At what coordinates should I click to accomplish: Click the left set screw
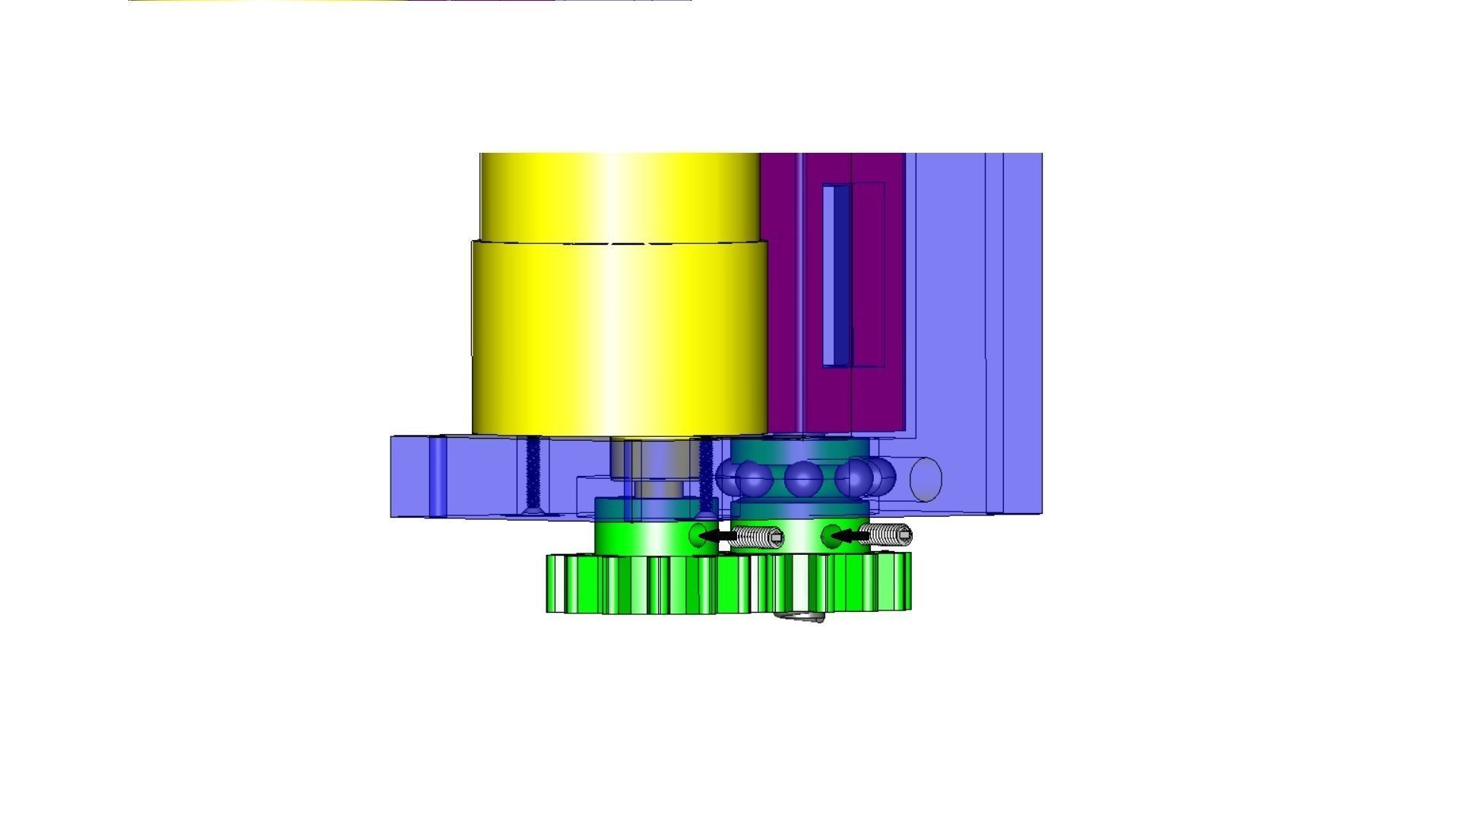pyautogui.click(x=757, y=537)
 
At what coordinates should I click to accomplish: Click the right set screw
pyautogui.click(x=886, y=535)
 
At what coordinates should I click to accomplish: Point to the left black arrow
pyautogui.click(x=717, y=537)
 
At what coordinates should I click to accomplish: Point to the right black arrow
pyautogui.click(x=847, y=536)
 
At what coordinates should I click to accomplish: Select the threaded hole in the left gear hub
pyautogui.click(x=697, y=535)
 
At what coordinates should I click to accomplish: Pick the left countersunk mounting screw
pyautogui.click(x=533, y=475)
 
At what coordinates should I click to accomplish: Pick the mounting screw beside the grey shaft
pyautogui.click(x=706, y=475)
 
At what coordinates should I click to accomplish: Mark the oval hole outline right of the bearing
pyautogui.click(x=925, y=480)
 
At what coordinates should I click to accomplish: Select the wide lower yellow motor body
pyautogui.click(x=619, y=338)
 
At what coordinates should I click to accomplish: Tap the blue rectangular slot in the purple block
pyautogui.click(x=837, y=274)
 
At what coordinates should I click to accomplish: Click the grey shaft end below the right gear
pyautogui.click(x=801, y=617)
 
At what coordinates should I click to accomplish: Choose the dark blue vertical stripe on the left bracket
pyautogui.click(x=438, y=476)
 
